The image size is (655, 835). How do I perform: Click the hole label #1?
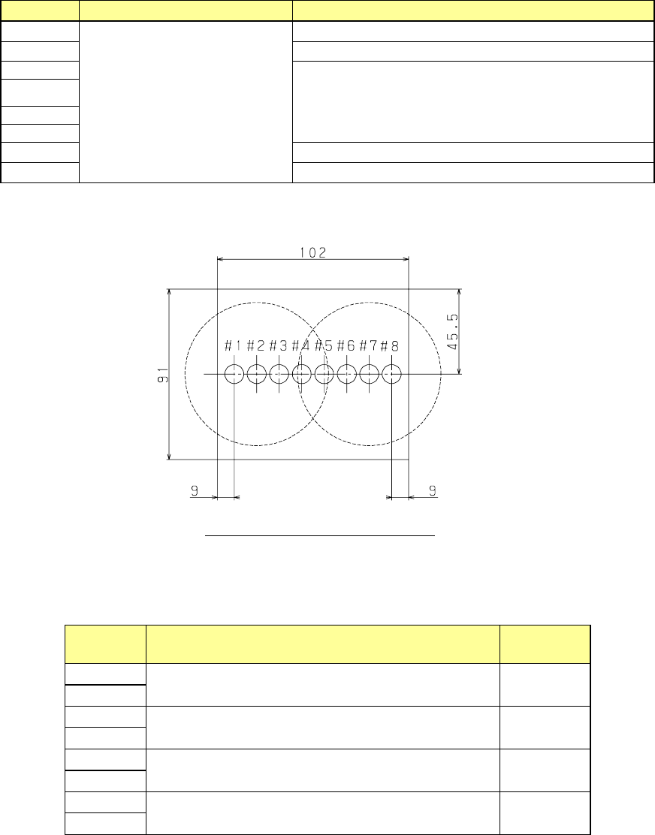tap(234, 346)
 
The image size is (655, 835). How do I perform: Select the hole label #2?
tap(255, 346)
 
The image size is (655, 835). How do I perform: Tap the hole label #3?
tap(278, 346)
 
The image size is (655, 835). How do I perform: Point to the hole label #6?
tap(346, 346)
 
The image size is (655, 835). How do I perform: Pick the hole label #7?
tap(368, 346)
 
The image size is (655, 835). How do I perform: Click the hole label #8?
tap(390, 346)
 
